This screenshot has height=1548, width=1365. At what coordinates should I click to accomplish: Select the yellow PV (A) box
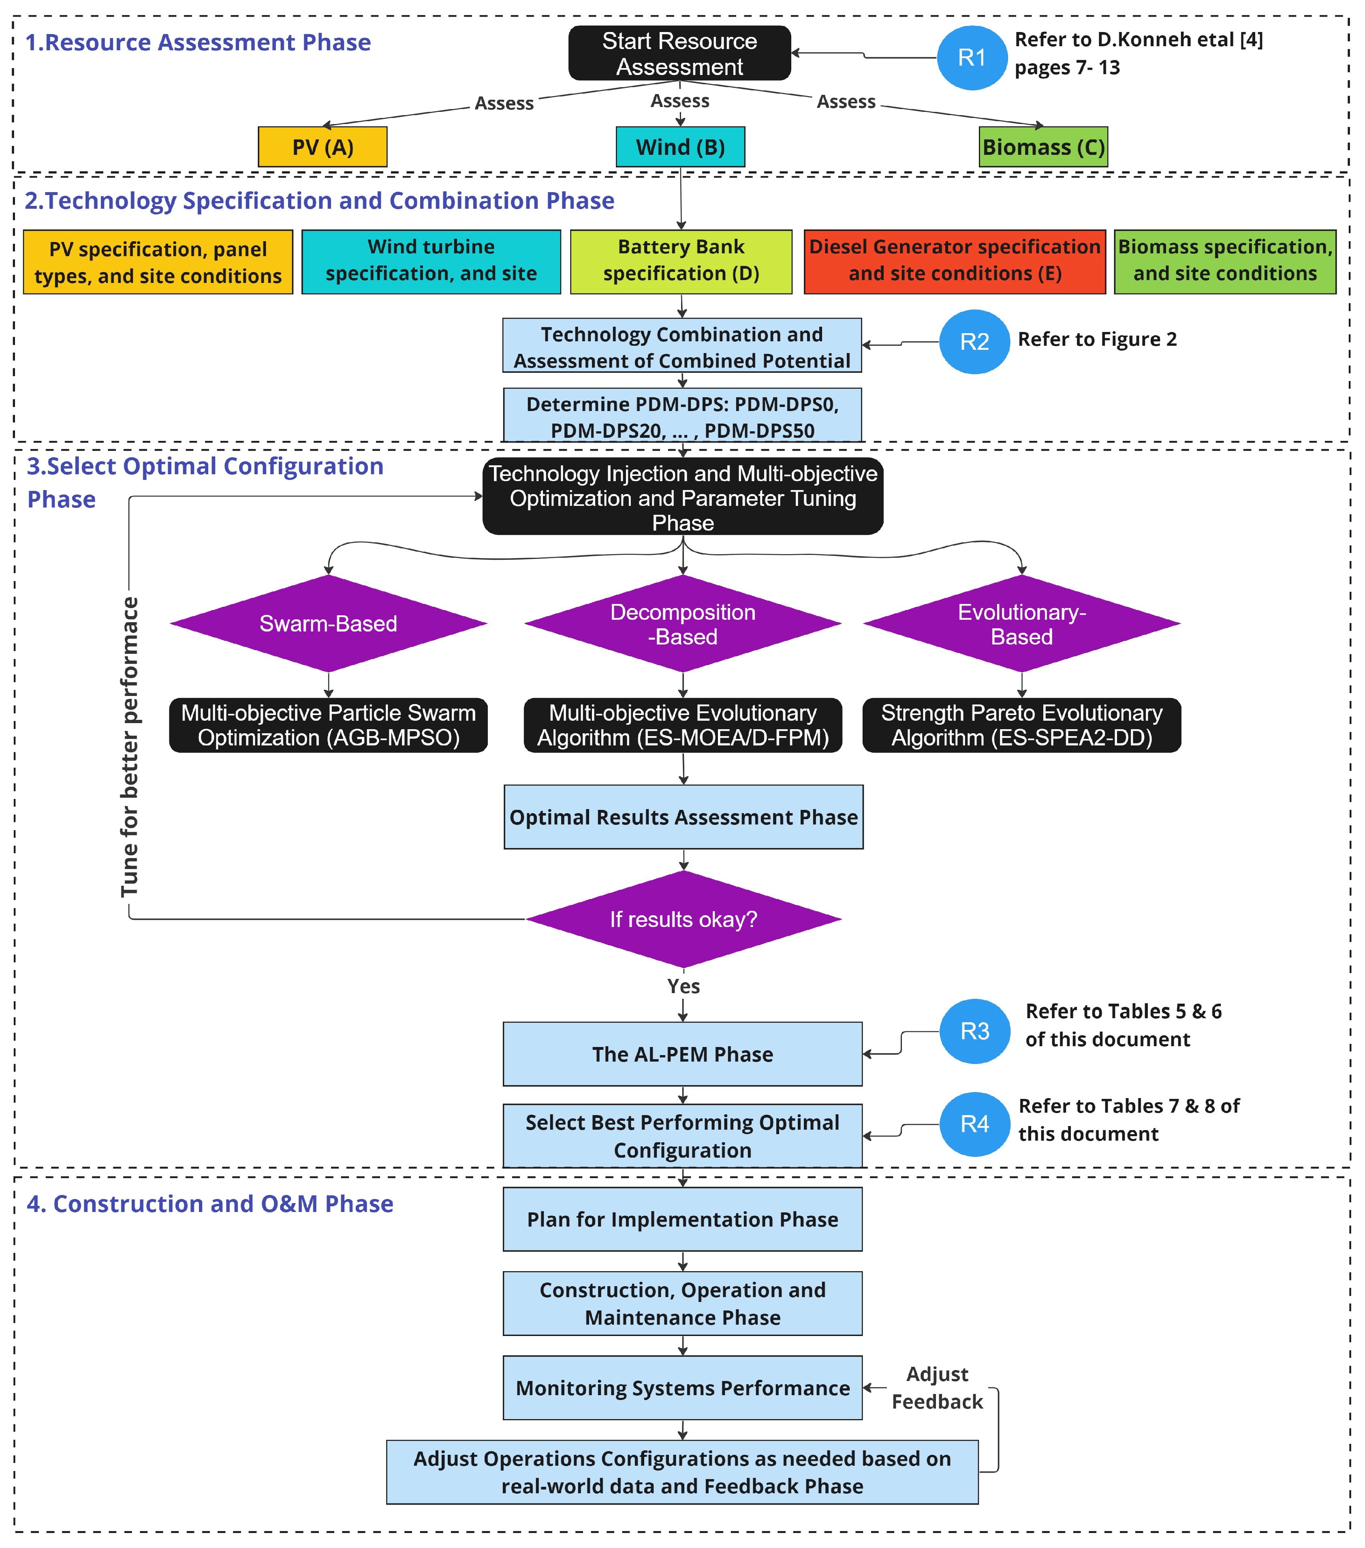pos(323,147)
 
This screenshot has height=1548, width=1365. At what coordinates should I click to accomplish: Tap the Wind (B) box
pos(680,147)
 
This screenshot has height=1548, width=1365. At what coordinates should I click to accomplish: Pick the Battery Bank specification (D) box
pos(681,261)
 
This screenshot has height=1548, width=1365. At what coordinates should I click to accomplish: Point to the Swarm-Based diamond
pos(328,623)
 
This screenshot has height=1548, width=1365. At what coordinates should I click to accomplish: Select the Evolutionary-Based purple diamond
pos(1021,623)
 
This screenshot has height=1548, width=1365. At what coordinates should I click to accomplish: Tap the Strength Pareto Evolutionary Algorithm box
pos(1021,725)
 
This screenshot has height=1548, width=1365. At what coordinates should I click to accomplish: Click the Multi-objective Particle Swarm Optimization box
pos(328,725)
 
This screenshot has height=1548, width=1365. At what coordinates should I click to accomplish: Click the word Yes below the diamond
pos(683,986)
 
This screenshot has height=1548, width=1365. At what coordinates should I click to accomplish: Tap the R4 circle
pos(974,1124)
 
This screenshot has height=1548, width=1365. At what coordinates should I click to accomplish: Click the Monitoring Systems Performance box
pos(682,1387)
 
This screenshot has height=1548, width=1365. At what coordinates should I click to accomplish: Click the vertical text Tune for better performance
pos(130,746)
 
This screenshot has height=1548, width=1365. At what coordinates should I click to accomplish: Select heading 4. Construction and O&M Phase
pos(210,1203)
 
